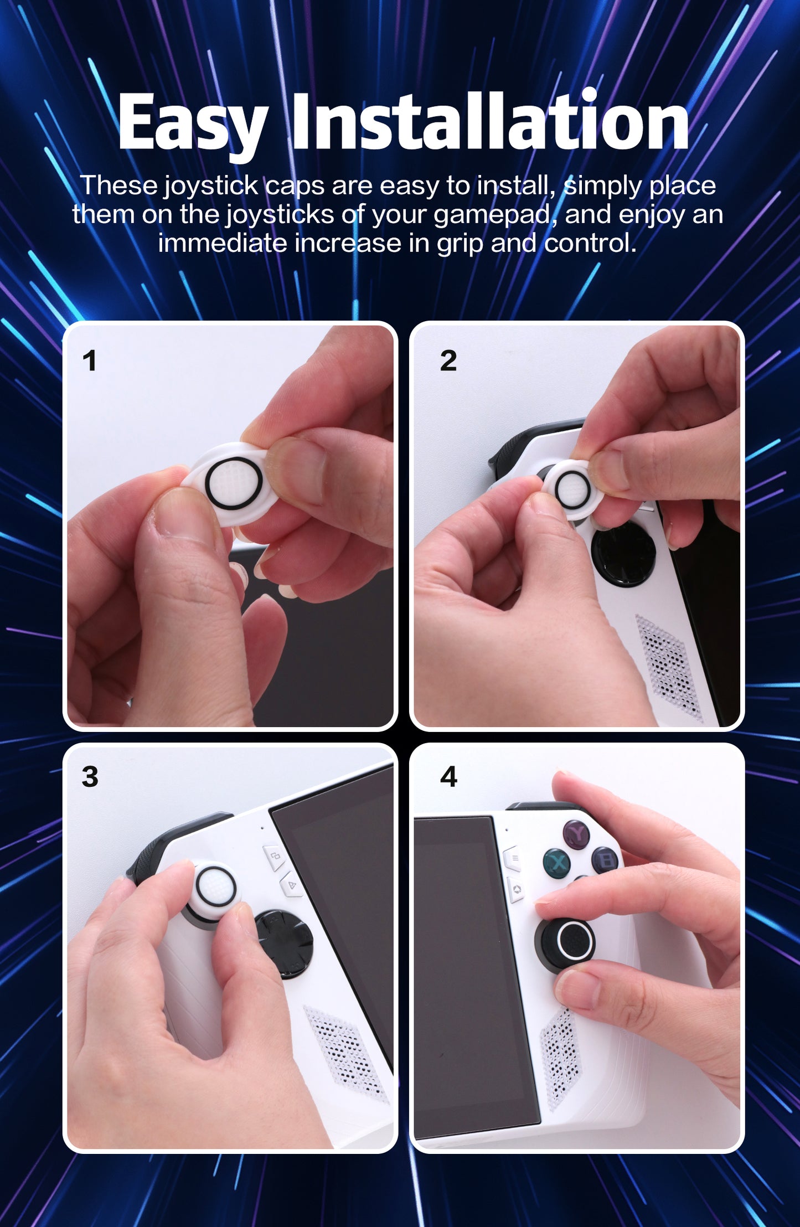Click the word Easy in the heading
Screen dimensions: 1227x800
(x=192, y=123)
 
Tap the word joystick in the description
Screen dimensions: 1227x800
(x=211, y=185)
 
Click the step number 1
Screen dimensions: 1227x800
(x=89, y=361)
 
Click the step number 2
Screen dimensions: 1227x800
(x=448, y=361)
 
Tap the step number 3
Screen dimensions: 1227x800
(x=90, y=777)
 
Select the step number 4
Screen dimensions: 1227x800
(x=448, y=777)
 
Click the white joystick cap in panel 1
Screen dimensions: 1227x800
(x=233, y=483)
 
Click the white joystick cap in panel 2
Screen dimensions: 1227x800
(x=573, y=489)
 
